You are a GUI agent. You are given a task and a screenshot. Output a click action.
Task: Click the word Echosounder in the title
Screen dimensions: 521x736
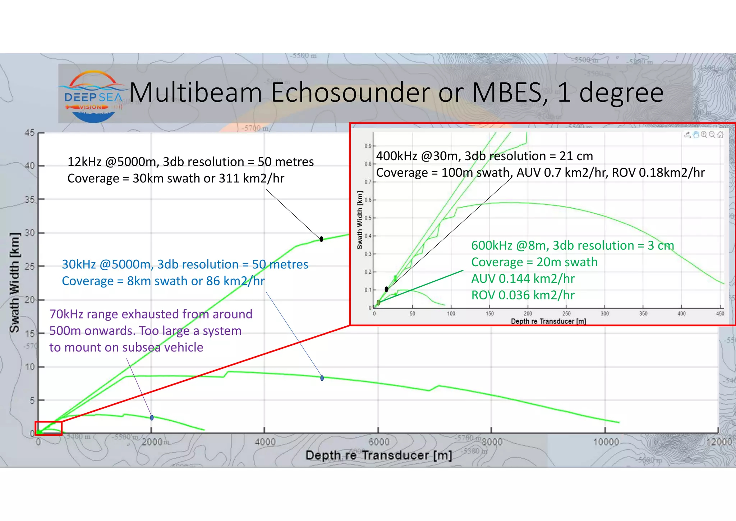[x=350, y=93]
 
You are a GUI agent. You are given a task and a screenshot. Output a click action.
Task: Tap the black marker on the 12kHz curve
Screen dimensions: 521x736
[x=321, y=239]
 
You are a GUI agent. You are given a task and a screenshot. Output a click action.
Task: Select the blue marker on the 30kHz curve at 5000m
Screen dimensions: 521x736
[x=322, y=378]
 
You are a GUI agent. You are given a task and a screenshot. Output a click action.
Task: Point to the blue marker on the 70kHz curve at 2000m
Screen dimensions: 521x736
[x=152, y=418]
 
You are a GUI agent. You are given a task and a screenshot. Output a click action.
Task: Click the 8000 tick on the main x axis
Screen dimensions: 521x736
[x=492, y=442]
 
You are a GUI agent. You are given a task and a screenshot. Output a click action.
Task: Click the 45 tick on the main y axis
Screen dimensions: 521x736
[x=30, y=133]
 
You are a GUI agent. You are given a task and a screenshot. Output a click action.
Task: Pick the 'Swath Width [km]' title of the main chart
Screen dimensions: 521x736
[x=14, y=282]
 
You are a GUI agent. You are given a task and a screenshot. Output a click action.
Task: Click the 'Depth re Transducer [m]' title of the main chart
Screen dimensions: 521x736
[x=378, y=456]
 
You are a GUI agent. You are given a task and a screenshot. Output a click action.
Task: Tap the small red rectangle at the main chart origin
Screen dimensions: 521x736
[x=49, y=428]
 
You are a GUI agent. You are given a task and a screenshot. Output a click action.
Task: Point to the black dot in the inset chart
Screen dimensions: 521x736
[x=386, y=289]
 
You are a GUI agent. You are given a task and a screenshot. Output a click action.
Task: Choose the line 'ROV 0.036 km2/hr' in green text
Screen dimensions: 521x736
[x=523, y=295]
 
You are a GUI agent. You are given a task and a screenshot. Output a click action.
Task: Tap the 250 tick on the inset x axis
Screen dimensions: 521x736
[x=566, y=314]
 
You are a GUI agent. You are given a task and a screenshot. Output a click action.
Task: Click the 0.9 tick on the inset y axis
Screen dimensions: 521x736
[x=368, y=146]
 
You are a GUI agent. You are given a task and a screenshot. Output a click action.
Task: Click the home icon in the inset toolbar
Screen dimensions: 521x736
[x=720, y=135]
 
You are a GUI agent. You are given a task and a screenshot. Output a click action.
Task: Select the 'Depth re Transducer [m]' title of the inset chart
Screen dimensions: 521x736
[x=548, y=321]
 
